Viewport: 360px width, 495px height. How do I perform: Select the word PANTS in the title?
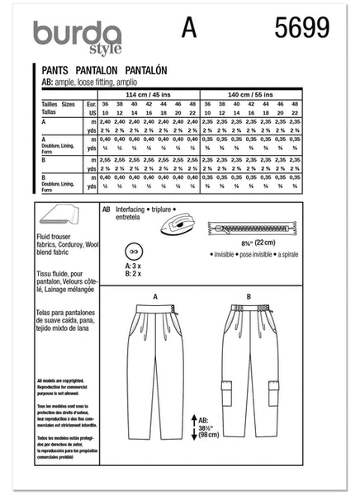tap(54, 73)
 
